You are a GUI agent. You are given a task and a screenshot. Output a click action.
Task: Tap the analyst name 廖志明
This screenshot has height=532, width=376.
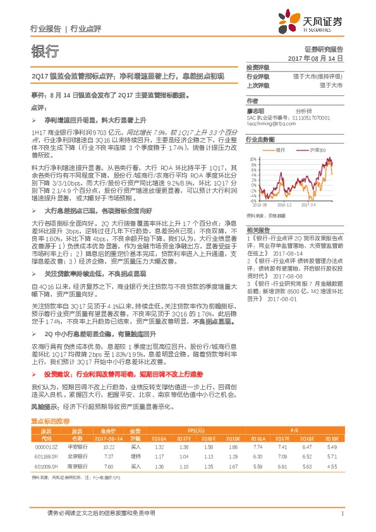(x=256, y=111)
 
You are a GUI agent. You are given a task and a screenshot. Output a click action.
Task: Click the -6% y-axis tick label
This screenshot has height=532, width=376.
(x=252, y=200)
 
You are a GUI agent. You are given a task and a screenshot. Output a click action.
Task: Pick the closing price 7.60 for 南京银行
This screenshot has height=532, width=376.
(x=108, y=466)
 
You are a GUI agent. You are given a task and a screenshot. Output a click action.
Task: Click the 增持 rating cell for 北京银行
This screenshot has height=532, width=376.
(x=135, y=456)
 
